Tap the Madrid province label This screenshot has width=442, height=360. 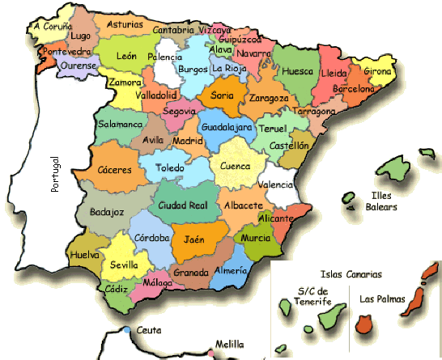(187, 140)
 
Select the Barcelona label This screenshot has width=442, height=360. (369, 90)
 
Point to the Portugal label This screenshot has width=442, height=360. (56, 172)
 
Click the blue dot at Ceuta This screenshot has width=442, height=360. (128, 329)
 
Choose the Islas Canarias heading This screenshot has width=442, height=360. (351, 274)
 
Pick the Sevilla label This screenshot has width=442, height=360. (124, 265)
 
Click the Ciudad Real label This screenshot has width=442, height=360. (183, 205)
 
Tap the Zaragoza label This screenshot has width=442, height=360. (270, 98)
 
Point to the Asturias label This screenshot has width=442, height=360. (125, 24)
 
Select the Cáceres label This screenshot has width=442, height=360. (113, 171)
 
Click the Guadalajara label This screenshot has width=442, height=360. (227, 128)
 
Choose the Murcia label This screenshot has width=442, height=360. (256, 238)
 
